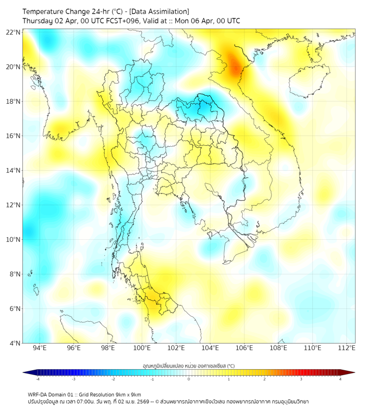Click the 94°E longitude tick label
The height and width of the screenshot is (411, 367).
tap(40, 348)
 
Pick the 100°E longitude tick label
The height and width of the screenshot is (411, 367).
tap(142, 348)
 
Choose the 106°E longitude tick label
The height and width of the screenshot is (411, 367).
tap(244, 348)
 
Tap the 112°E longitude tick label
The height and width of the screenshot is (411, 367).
tap(346, 348)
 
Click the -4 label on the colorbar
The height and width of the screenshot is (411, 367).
tap(37, 379)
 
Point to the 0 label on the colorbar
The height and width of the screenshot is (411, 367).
tap(189, 379)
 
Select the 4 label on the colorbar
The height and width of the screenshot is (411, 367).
tap(340, 379)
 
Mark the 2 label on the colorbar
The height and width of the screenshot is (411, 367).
tap(264, 379)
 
